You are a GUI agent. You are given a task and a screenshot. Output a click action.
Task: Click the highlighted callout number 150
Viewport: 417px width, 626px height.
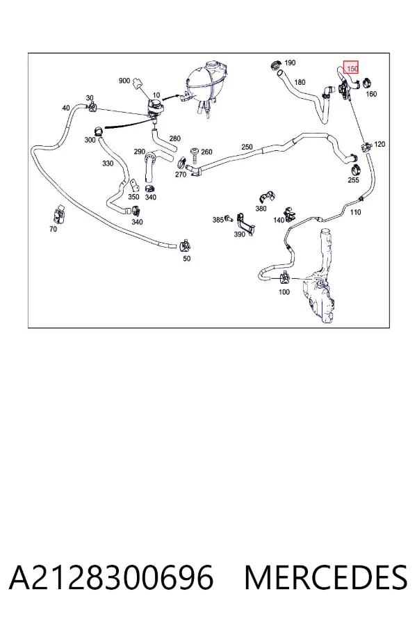(352, 69)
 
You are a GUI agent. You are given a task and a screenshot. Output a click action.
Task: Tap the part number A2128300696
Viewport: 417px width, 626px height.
(111, 577)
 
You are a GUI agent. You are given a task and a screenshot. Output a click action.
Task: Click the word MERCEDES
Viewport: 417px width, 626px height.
(326, 577)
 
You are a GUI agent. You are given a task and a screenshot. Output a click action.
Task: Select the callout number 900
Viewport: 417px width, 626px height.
(124, 81)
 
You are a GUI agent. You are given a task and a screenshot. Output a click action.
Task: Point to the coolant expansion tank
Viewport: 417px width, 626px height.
(206, 86)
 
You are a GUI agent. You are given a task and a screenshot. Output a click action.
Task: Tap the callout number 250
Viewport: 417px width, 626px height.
(247, 147)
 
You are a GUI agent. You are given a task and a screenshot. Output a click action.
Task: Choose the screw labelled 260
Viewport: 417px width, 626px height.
(195, 155)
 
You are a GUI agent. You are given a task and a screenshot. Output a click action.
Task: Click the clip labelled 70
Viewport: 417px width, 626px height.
(60, 215)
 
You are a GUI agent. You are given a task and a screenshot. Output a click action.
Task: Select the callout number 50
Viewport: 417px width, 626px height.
(187, 258)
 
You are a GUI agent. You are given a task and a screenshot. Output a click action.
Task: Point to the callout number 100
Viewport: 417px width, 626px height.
(284, 292)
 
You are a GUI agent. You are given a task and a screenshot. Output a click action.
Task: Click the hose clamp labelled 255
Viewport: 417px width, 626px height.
(354, 170)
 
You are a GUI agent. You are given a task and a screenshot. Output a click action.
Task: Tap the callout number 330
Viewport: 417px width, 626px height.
(108, 163)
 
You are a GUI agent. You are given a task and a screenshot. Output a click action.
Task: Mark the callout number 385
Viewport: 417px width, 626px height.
(218, 220)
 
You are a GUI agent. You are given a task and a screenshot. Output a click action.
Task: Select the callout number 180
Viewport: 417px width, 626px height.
(300, 82)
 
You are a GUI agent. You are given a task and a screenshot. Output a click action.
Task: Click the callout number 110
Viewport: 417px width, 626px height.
(356, 212)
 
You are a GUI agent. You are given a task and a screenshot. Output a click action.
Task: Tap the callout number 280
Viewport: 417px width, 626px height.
(174, 138)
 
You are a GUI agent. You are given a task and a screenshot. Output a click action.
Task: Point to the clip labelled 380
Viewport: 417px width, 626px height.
(266, 198)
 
